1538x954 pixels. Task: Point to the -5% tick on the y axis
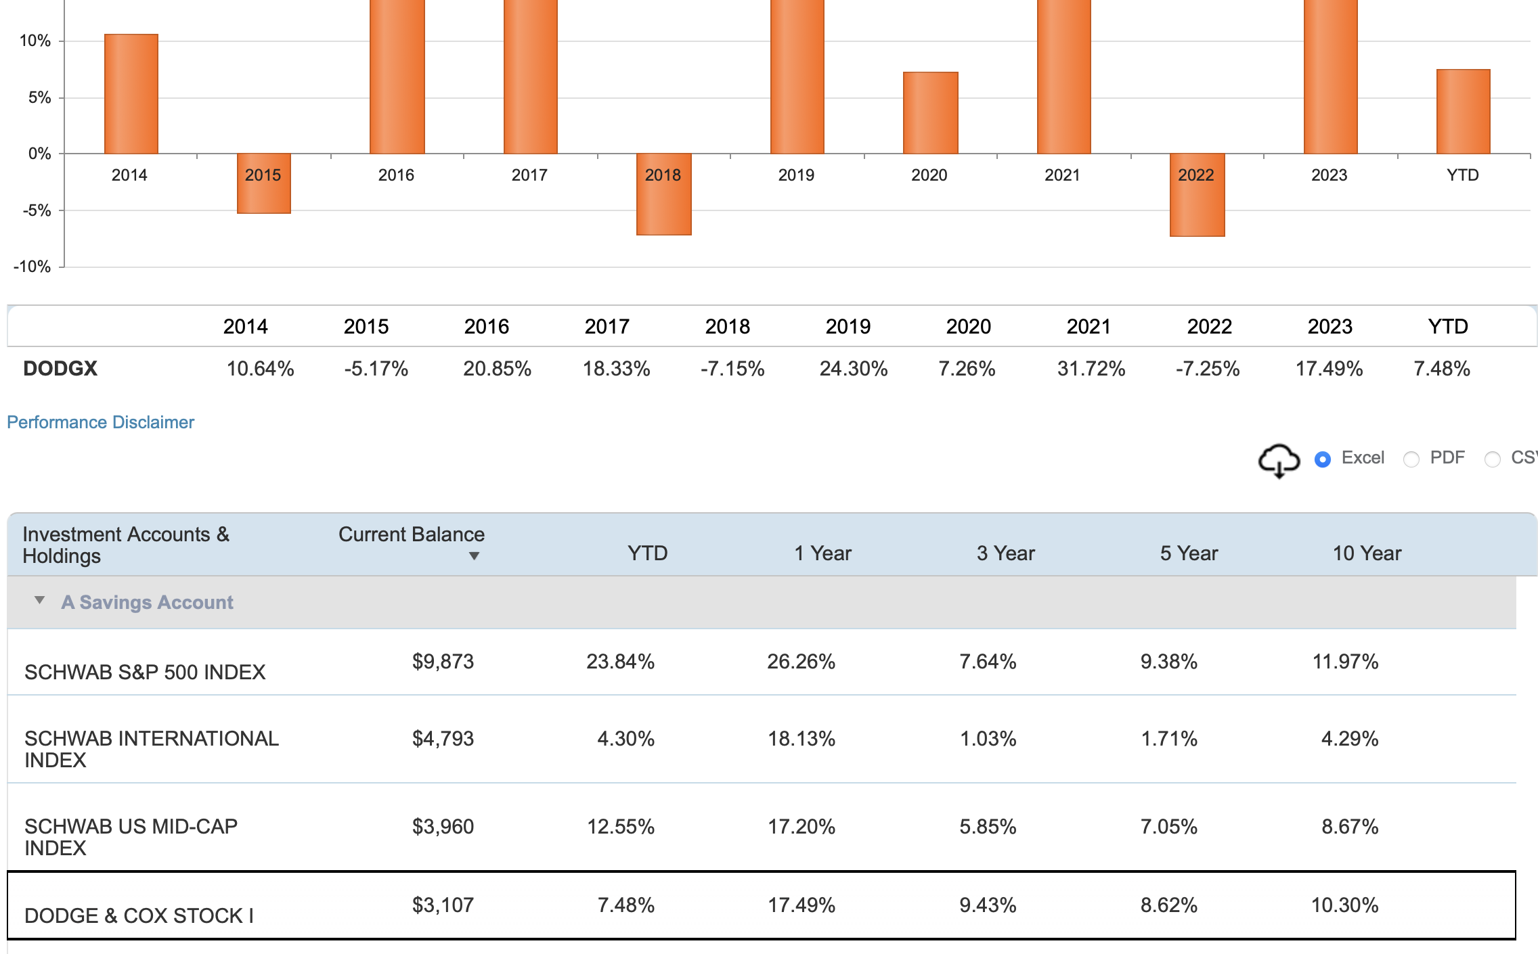pos(37,210)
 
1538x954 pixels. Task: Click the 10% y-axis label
pos(35,41)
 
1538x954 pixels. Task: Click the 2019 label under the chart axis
pos(795,175)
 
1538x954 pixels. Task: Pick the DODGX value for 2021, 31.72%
pos(1091,369)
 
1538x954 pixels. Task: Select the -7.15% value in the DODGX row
pos(732,369)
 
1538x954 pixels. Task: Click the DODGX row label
pos(60,369)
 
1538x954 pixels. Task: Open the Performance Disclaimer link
pos(100,422)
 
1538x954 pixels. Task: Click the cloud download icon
pos(1278,461)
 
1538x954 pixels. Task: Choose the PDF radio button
pos(1411,459)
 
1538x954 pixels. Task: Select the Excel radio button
pos(1322,459)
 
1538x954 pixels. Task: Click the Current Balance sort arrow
pos(474,556)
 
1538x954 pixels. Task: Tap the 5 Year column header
pos(1188,553)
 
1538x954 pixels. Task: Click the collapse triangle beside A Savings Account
pos(39,600)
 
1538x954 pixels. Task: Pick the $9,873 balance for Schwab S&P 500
pos(443,661)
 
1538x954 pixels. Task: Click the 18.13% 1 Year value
pos(801,738)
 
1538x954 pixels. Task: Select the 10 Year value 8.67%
pos(1349,826)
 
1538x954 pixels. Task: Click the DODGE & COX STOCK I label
pos(139,915)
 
